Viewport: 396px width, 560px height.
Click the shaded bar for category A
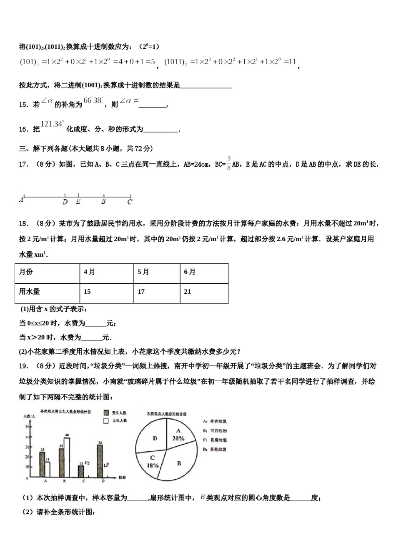tap(42, 464)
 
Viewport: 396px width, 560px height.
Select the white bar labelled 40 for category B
tap(67, 457)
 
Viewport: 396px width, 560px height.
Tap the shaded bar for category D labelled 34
tap(100, 461)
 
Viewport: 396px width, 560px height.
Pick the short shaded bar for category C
tap(81, 471)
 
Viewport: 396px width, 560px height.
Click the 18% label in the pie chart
tap(153, 465)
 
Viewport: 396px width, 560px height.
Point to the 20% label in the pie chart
tap(178, 438)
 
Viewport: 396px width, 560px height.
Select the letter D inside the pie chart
tap(155, 438)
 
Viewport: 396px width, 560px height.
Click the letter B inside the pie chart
tap(179, 463)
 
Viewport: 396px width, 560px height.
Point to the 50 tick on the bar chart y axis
tap(27, 427)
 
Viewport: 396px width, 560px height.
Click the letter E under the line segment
tap(78, 202)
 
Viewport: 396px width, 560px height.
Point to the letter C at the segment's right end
tap(130, 202)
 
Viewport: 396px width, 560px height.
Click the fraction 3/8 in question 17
tap(229, 164)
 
